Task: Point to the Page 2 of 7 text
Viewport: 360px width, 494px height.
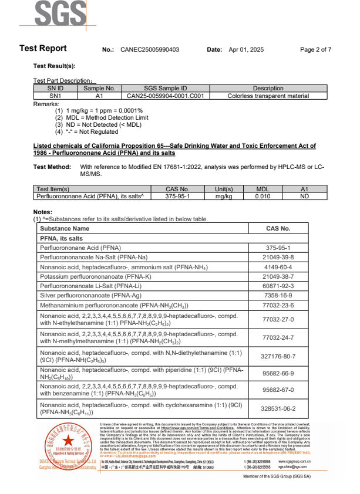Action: pyautogui.click(x=315, y=50)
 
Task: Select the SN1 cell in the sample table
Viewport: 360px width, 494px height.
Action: pyautogui.click(x=55, y=95)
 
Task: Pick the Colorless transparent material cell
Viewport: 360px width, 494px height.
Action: pyautogui.click(x=268, y=95)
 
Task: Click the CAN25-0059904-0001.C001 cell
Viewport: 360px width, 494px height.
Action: pyautogui.click(x=165, y=95)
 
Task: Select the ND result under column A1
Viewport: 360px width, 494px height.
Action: pyautogui.click(x=304, y=197)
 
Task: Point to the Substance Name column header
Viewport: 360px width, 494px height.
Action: pyautogui.click(x=65, y=228)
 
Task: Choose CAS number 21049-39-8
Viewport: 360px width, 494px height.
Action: pyautogui.click(x=278, y=258)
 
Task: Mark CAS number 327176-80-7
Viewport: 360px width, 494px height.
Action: pyautogui.click(x=278, y=356)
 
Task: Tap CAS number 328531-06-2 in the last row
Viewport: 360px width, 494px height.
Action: pyautogui.click(x=278, y=409)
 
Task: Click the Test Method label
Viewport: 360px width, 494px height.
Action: pyautogui.click(x=52, y=167)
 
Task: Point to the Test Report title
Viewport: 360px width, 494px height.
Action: pyautogui.click(x=43, y=49)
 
